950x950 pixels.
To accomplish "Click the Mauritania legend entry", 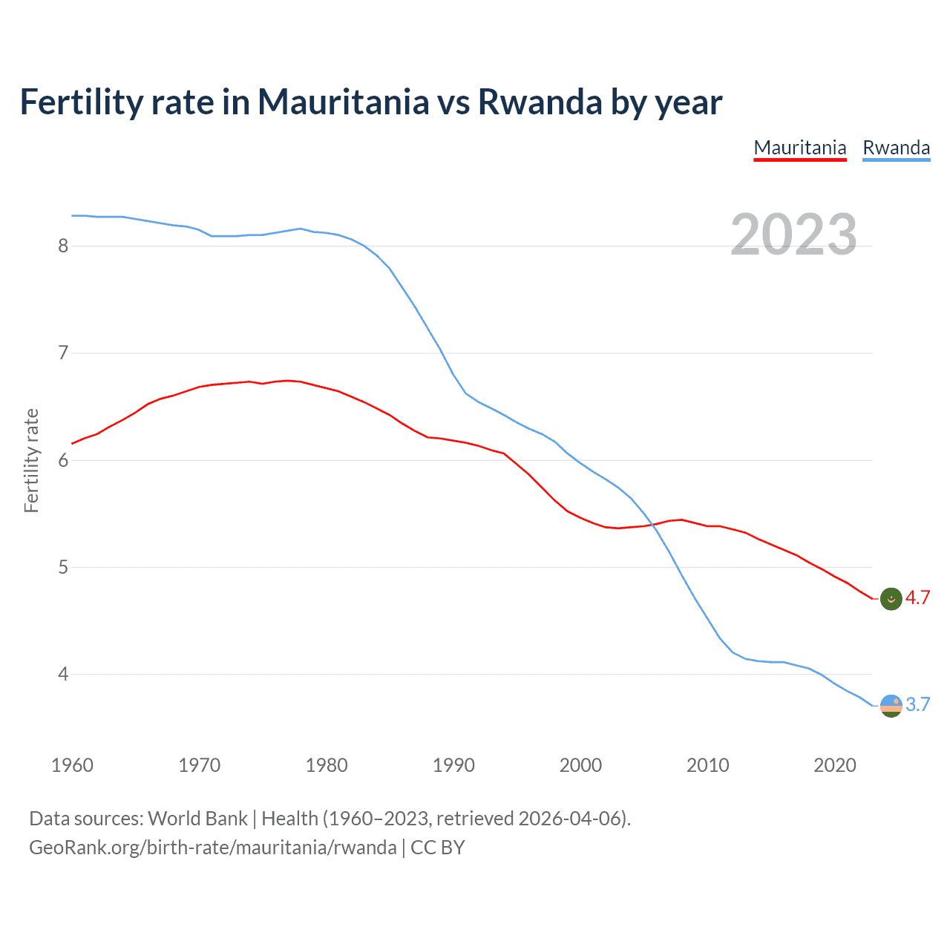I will tap(800, 148).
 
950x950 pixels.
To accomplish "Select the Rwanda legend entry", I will tap(896, 148).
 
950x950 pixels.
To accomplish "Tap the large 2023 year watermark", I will tap(793, 235).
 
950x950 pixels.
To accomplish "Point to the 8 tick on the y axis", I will tap(63, 246).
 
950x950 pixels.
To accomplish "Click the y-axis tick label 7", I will tap(63, 353).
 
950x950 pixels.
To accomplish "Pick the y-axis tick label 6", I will tap(63, 460).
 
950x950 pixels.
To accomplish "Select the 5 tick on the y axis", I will tap(63, 567).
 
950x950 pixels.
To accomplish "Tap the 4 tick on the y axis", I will tap(63, 674).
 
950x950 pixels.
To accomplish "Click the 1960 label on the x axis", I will tap(72, 765).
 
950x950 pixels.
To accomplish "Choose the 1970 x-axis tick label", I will tap(199, 765).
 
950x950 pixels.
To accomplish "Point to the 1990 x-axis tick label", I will tap(453, 765).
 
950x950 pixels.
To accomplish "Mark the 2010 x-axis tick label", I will tap(707, 765).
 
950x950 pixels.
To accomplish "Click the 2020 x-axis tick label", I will tap(835, 765).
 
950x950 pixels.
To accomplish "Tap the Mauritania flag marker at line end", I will tap(891, 598).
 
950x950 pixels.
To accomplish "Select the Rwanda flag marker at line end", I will tap(891, 705).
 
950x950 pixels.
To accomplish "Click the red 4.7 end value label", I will tap(917, 598).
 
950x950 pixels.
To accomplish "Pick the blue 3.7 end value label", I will tap(917, 705).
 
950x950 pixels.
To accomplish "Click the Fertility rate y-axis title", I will tap(31, 460).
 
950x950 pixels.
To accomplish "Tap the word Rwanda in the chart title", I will tap(540, 102).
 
